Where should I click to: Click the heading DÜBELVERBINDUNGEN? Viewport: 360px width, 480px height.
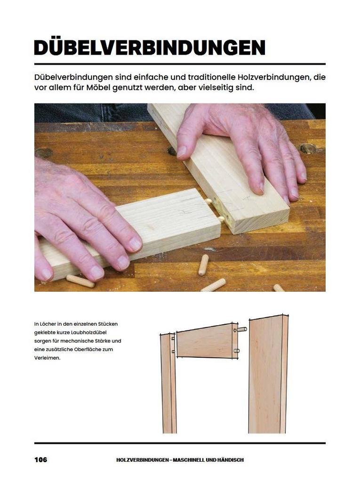coord(150,48)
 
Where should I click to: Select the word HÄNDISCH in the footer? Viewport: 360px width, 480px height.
coord(231,460)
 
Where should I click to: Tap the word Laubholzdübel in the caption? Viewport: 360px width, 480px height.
coord(89,332)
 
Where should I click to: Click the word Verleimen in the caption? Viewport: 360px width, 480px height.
coord(46,358)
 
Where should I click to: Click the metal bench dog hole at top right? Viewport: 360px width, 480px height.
coord(308,149)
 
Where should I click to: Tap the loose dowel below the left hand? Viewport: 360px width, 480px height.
coord(80,280)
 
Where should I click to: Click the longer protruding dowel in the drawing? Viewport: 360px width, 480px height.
coord(242,329)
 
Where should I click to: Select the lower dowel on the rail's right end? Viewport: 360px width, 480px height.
coord(237,351)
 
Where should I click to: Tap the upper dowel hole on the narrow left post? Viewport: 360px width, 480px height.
coord(173,338)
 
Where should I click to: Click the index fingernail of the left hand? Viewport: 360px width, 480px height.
coord(135,244)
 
